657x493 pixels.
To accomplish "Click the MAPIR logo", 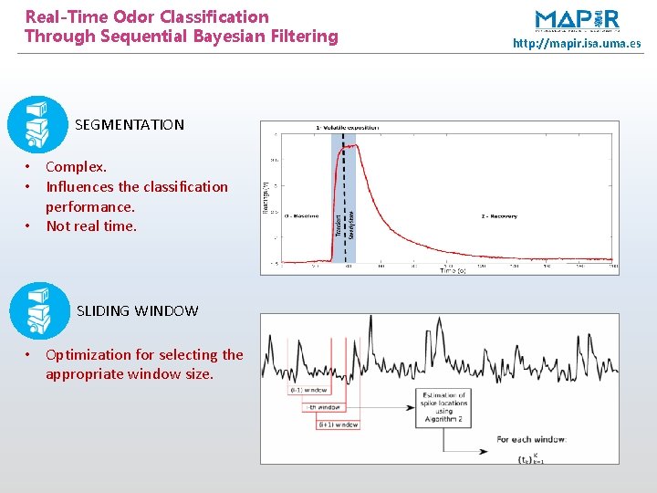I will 577,20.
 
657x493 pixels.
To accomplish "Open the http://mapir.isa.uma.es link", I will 577,43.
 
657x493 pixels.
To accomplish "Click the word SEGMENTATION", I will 130,124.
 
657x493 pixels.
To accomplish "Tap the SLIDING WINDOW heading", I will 137,310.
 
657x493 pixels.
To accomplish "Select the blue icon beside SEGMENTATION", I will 37,124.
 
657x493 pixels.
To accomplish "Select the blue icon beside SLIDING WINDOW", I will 39,310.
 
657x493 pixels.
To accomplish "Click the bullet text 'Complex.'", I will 76,166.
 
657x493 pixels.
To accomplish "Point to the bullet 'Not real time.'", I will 91,226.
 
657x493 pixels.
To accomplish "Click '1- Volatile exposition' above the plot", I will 347,127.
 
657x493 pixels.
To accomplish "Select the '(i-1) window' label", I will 309,390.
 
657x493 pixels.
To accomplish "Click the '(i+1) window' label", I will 338,425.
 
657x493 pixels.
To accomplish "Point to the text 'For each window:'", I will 530,439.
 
